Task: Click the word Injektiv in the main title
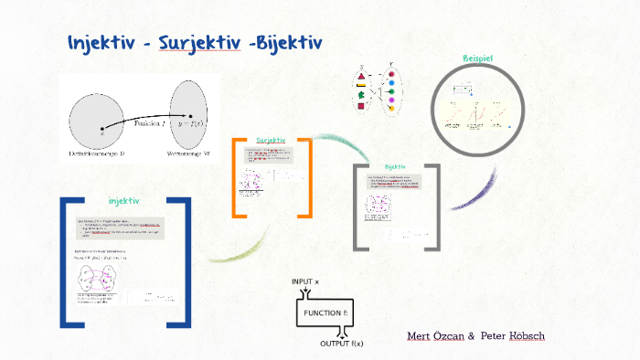coord(103,43)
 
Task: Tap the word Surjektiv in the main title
coord(199,43)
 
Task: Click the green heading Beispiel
coord(477,58)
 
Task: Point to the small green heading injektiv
coord(123,200)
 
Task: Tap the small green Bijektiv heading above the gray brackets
coord(395,166)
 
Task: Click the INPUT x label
coord(305,281)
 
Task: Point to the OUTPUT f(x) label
coord(341,344)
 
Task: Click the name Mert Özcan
coord(435,336)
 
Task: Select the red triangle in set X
coord(361,77)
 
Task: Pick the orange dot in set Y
coord(390,108)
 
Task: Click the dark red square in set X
coord(361,106)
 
